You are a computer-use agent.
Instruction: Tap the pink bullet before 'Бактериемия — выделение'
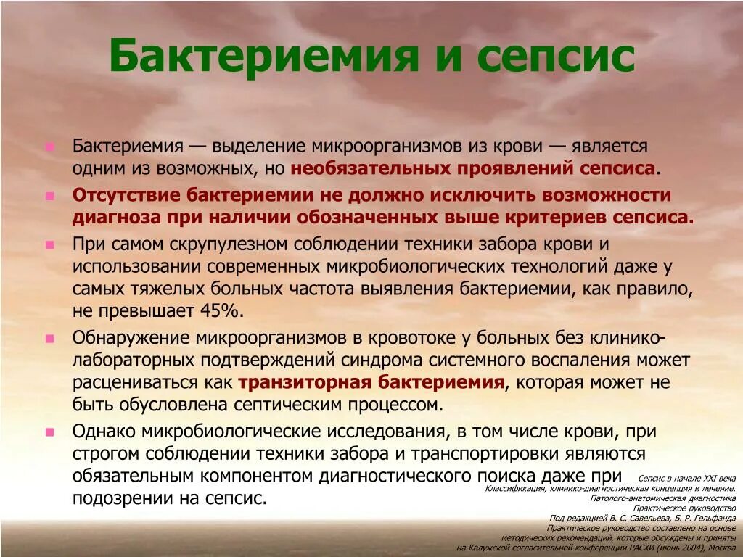coord(49,147)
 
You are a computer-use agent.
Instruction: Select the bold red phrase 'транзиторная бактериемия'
coord(371,382)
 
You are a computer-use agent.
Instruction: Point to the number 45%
coord(220,311)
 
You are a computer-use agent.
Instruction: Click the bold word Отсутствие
coord(127,195)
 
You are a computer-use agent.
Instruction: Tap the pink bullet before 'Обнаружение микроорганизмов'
coord(49,338)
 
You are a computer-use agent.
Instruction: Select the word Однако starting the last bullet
coord(104,431)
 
